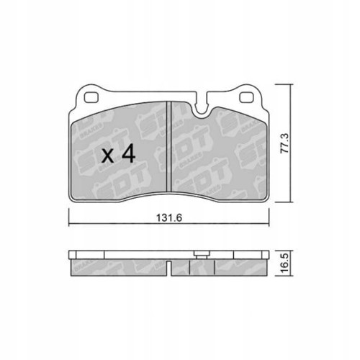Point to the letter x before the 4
tap(109, 156)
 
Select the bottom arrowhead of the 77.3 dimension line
tap(290, 202)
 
